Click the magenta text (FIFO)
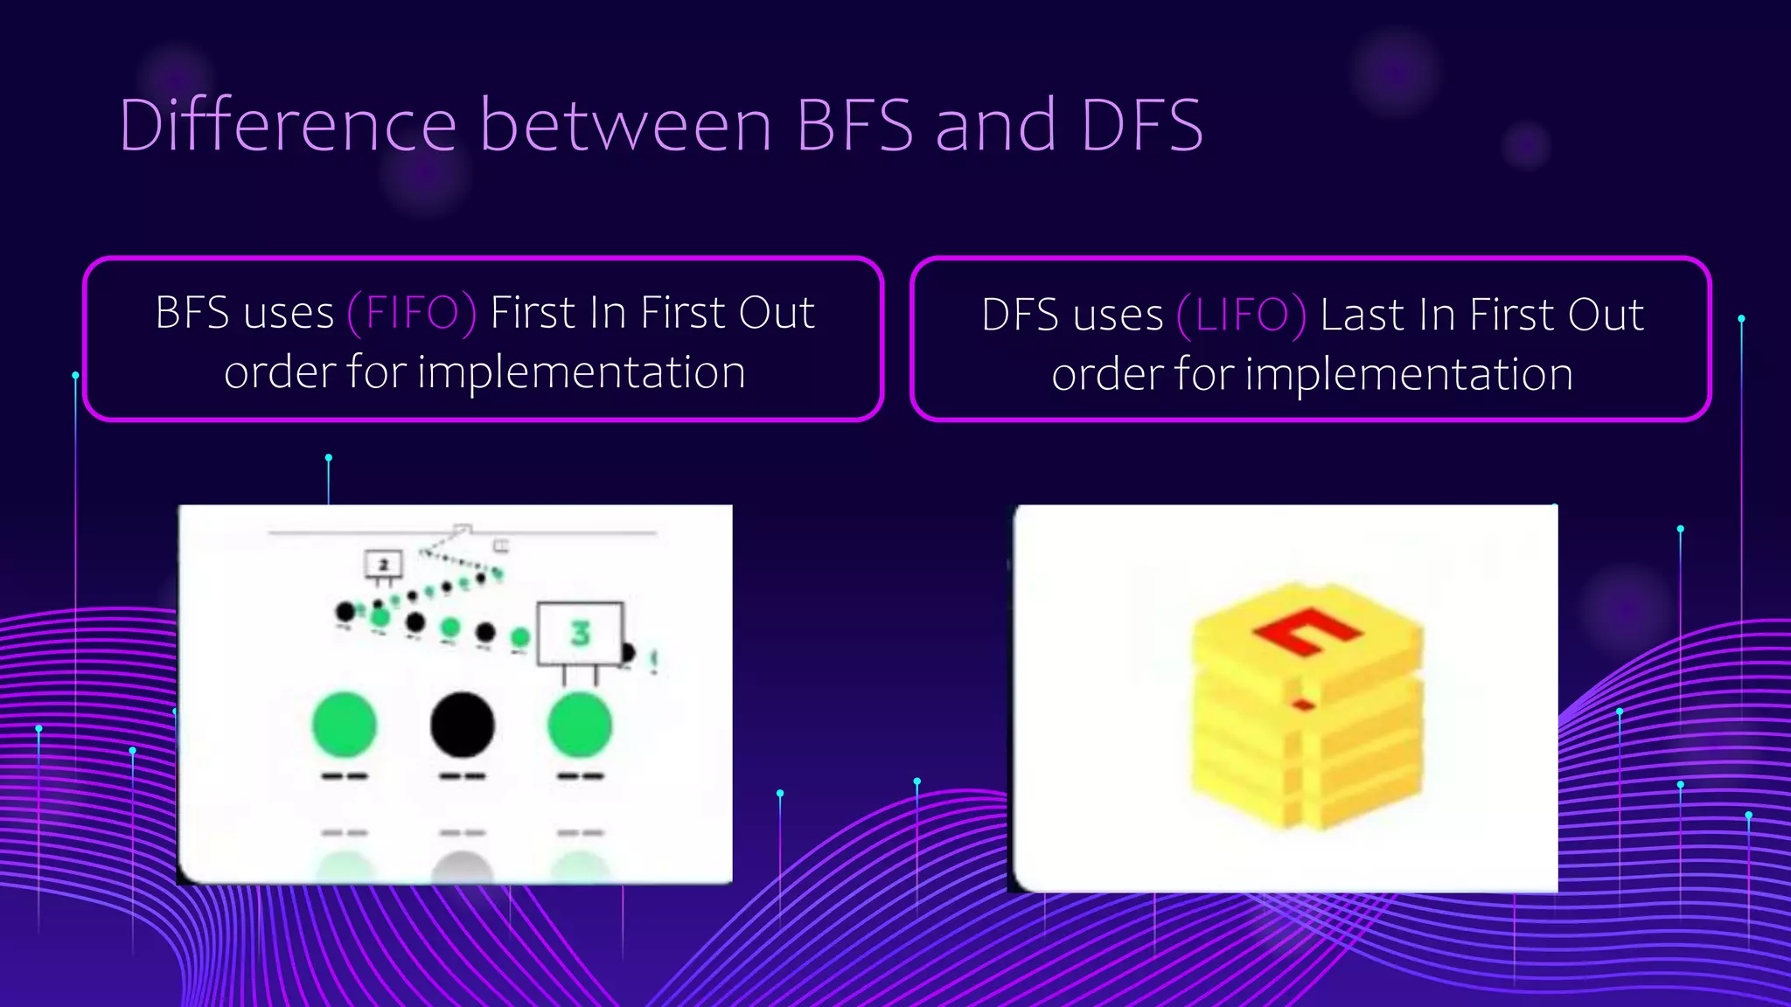point(412,313)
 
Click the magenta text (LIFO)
point(1242,315)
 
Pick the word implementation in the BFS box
point(582,372)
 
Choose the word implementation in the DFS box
point(1409,374)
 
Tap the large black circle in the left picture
point(462,725)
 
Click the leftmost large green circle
point(345,725)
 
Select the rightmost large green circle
point(579,725)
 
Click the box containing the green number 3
point(580,633)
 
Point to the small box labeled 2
point(383,565)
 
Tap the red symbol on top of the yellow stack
point(1307,630)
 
